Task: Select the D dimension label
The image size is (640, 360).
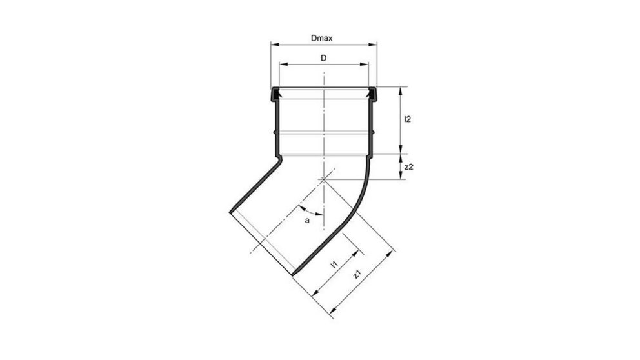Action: tap(323, 58)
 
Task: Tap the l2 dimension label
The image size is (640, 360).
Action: tap(408, 119)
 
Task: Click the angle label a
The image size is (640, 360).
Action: tap(308, 221)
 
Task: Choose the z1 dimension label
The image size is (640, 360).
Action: tap(356, 275)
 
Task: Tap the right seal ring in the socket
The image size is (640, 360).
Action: tap(371, 95)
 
